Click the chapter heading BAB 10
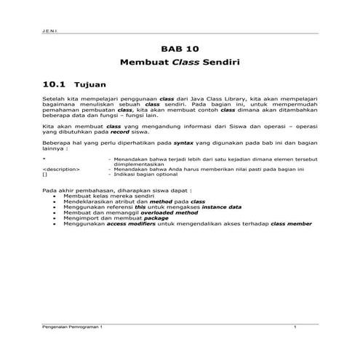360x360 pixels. pos(180,49)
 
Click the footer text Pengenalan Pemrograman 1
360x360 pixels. pos(73,328)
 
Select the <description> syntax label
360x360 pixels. pos(62,169)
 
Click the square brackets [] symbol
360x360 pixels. pos(45,175)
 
